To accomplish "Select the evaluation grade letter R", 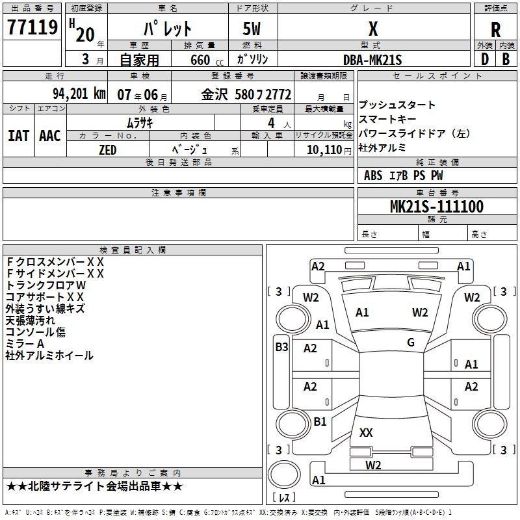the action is tap(495, 30).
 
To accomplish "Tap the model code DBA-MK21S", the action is tap(373, 59).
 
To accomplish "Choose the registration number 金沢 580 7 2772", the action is tap(246, 94).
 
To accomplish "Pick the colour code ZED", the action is tap(107, 149).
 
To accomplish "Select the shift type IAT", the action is tap(18, 135).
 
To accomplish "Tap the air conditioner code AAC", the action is tap(49, 135).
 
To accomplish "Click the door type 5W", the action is tap(253, 30).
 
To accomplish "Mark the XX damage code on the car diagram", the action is tap(366, 432).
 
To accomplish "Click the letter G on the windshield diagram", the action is tap(411, 343).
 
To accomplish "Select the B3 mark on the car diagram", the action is tap(281, 347).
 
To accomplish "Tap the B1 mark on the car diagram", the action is tap(320, 422).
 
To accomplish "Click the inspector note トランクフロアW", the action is tap(45, 285).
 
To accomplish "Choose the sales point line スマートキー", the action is tap(387, 119).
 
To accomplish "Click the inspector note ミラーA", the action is tap(25, 344).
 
